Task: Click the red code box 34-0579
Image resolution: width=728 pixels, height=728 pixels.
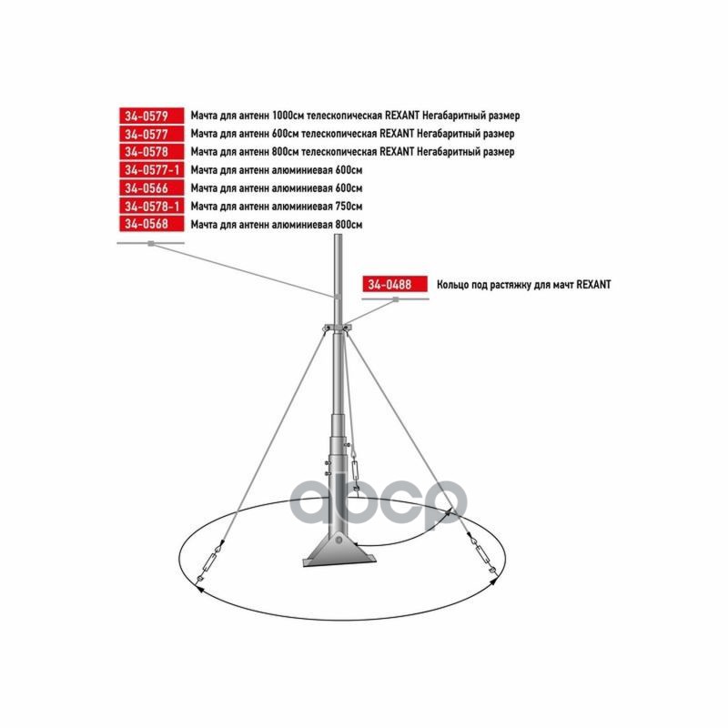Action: pyautogui.click(x=151, y=116)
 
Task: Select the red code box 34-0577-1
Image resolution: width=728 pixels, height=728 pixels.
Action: pyautogui.click(x=151, y=170)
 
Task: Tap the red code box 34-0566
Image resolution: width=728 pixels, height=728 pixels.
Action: pyautogui.click(x=151, y=188)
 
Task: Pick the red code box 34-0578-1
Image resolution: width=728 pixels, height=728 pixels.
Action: pyautogui.click(x=151, y=207)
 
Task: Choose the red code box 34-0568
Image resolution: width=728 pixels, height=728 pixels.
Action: pyautogui.click(x=151, y=224)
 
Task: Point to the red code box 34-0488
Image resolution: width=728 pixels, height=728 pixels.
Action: pyautogui.click(x=395, y=284)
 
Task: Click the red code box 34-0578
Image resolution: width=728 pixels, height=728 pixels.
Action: pyautogui.click(x=151, y=152)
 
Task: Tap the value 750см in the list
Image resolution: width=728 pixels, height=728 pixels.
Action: pyautogui.click(x=349, y=207)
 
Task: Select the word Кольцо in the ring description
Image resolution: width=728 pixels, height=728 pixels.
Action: pyautogui.click(x=452, y=285)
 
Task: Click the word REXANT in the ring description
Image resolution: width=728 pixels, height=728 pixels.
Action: pyautogui.click(x=594, y=285)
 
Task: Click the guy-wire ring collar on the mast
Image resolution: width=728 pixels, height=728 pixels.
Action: pyautogui.click(x=339, y=328)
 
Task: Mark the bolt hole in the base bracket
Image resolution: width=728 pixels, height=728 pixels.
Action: pyautogui.click(x=339, y=540)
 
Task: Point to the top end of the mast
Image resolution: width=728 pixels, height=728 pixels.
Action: pyautogui.click(x=339, y=236)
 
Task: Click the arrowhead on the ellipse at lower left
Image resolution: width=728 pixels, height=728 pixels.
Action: pyautogui.click(x=200, y=589)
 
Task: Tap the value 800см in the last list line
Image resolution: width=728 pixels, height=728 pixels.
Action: pyautogui.click(x=349, y=224)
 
